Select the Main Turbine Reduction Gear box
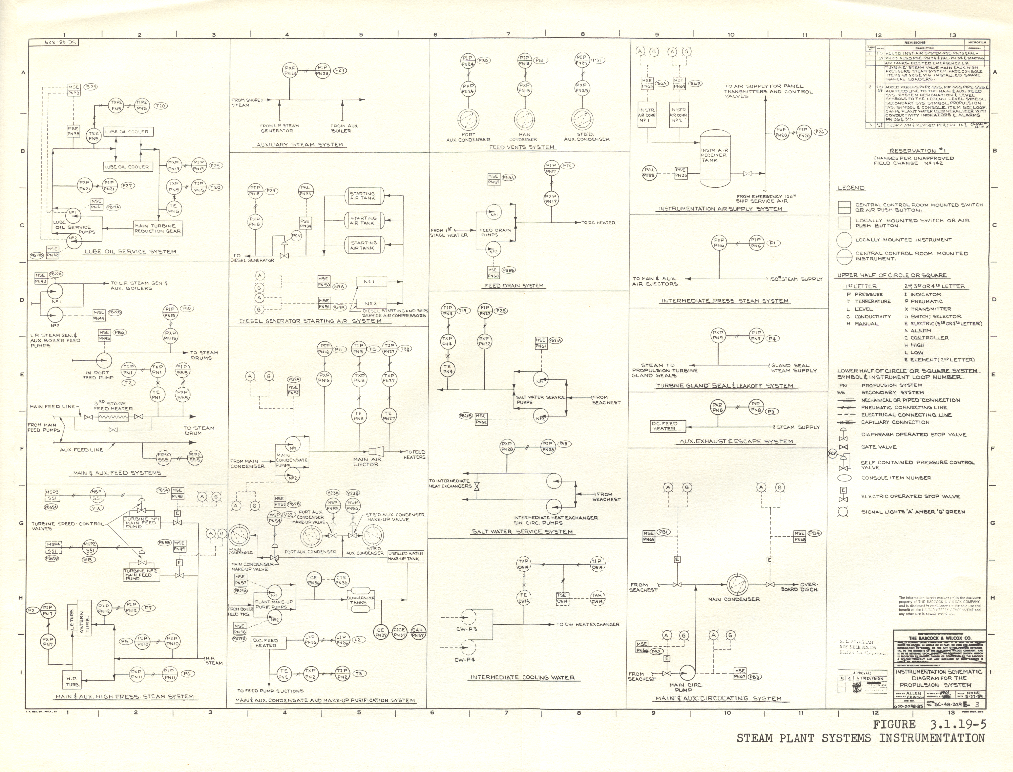(x=158, y=228)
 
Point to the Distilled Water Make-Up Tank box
(x=406, y=556)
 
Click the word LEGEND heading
(x=851, y=188)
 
